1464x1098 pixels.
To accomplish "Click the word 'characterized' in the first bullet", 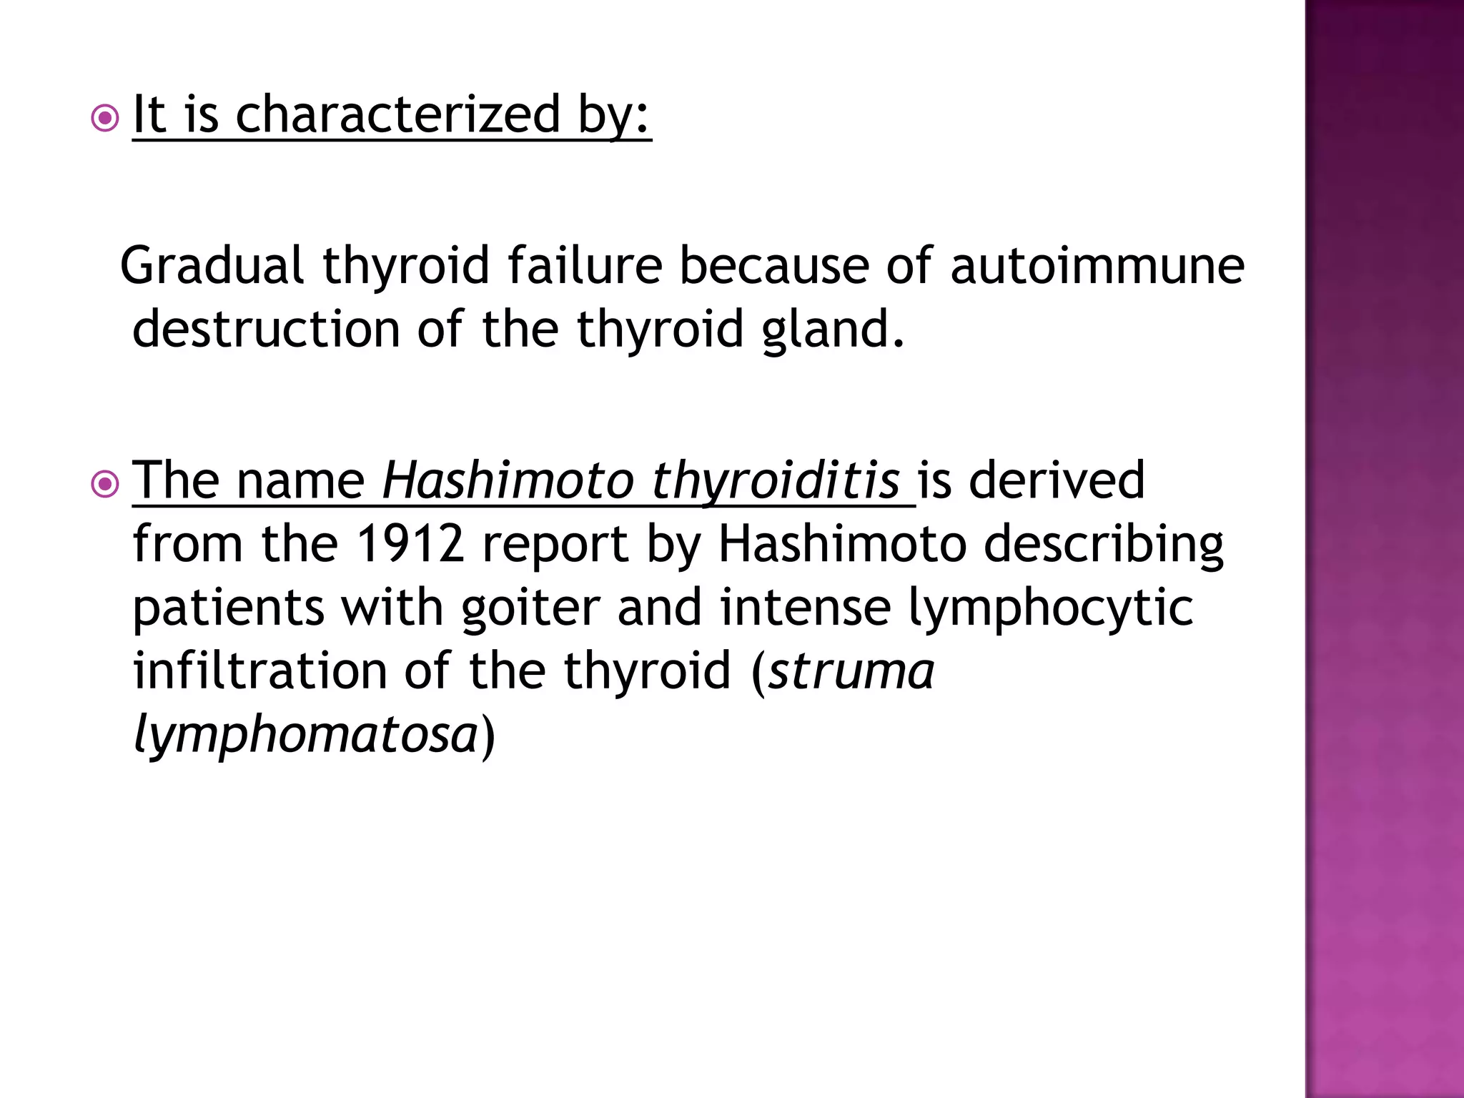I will (398, 114).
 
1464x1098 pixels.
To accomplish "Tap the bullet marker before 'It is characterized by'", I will (105, 119).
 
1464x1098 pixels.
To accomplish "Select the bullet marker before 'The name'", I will (105, 485).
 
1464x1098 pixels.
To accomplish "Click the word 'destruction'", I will (266, 330).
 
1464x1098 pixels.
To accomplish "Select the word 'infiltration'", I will (260, 671).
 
